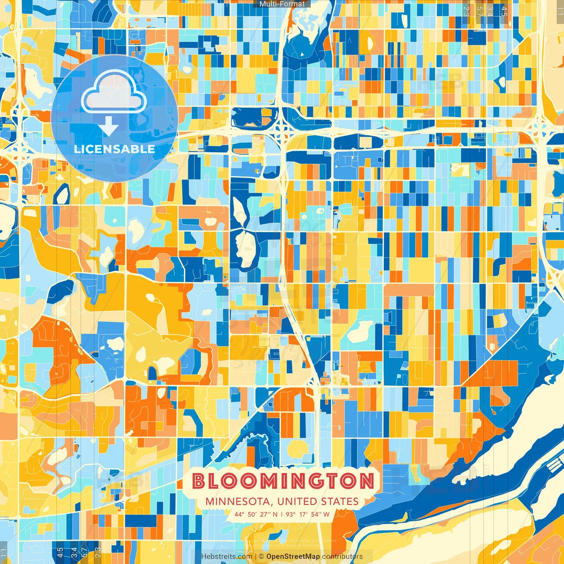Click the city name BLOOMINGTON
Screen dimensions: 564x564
283,481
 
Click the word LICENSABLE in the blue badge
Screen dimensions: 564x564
115,149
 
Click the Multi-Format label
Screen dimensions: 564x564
282,4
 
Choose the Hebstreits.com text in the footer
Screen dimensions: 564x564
226,557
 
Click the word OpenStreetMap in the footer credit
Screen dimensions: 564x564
293,557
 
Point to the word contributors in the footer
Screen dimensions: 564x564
342,557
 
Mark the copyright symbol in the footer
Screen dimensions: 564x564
261,557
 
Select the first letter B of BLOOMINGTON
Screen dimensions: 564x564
199,481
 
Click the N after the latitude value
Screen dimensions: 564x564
275,514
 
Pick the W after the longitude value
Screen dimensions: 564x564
326,514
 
